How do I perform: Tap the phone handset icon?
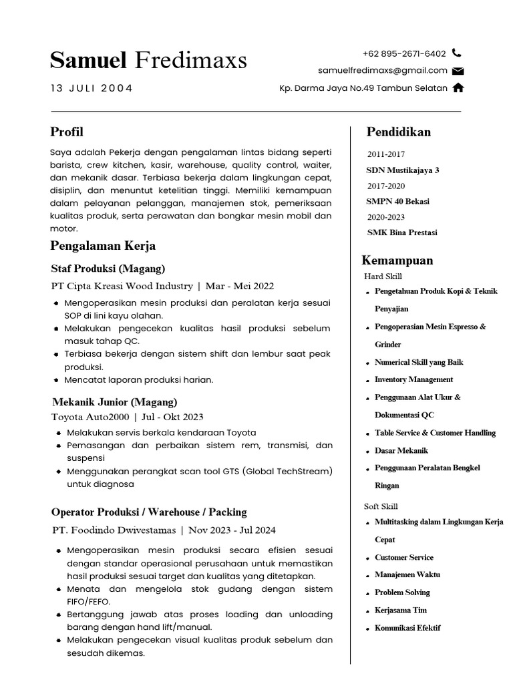pyautogui.click(x=457, y=53)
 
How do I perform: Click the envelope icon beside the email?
pyautogui.click(x=458, y=71)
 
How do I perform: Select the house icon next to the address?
pyautogui.click(x=458, y=88)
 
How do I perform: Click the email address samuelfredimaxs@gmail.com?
pyautogui.click(x=383, y=70)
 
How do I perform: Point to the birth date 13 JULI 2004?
pyautogui.click(x=92, y=88)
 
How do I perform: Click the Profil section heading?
pyautogui.click(x=67, y=132)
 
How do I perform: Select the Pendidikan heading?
pyautogui.click(x=399, y=132)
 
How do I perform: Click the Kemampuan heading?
pyautogui.click(x=397, y=260)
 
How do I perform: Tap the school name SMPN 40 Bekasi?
pyautogui.click(x=398, y=201)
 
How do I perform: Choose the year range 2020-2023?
pyautogui.click(x=386, y=217)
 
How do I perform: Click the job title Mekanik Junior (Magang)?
pyautogui.click(x=115, y=402)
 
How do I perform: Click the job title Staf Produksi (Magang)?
pyautogui.click(x=108, y=269)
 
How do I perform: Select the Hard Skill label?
pyautogui.click(x=383, y=276)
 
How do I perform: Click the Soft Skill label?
pyautogui.click(x=381, y=506)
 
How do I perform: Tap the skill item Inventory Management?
pyautogui.click(x=414, y=379)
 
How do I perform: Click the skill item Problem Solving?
pyautogui.click(x=402, y=592)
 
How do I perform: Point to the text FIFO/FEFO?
pyautogui.click(x=91, y=601)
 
